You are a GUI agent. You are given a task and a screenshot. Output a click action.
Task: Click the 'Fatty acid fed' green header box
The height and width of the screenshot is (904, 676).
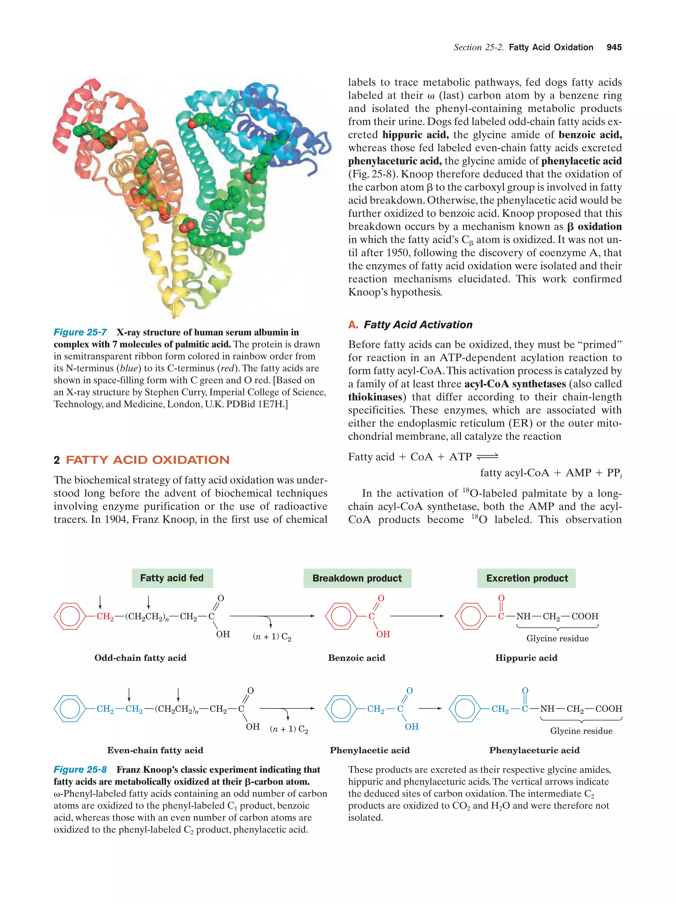tap(172, 578)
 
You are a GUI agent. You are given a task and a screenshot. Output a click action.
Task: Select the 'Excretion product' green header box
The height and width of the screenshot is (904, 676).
tap(526, 578)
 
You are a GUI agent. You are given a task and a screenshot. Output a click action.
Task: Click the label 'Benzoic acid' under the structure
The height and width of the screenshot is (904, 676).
tap(356, 658)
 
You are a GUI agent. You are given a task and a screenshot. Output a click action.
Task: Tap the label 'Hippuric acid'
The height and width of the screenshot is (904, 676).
tap(526, 658)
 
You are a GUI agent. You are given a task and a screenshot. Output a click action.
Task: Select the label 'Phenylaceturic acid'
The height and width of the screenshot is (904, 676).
tap(534, 750)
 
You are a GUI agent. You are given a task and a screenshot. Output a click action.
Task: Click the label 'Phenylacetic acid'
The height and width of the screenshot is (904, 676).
tap(369, 750)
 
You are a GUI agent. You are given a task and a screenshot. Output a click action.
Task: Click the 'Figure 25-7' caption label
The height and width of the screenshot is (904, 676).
tap(80, 332)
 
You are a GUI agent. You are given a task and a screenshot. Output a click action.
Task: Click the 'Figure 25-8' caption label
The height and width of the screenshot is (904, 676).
tap(80, 769)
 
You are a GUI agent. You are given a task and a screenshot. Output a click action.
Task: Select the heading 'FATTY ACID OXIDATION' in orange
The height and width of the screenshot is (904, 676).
tap(147, 460)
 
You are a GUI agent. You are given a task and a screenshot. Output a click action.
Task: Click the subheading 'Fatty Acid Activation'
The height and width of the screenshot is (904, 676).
tap(418, 325)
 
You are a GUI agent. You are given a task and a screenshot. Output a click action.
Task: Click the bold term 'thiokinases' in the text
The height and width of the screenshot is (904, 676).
tap(375, 397)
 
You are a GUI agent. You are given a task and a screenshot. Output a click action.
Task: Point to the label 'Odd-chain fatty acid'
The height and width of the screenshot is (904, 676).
tap(140, 658)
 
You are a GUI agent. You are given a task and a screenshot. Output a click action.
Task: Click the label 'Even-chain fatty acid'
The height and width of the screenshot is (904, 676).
tap(155, 750)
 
